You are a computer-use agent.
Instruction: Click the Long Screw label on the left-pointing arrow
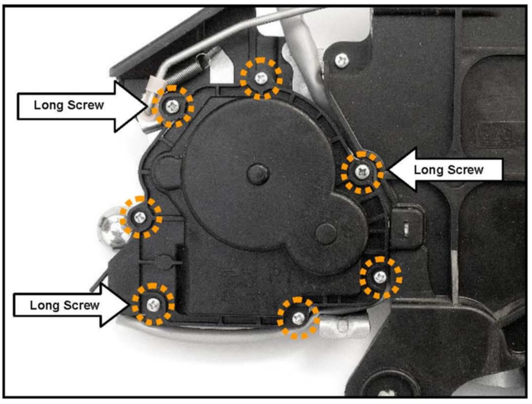(x=448, y=170)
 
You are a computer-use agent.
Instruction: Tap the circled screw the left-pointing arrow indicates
(x=364, y=172)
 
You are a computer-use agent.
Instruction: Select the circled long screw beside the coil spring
(x=172, y=105)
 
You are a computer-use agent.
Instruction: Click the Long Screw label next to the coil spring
(x=69, y=105)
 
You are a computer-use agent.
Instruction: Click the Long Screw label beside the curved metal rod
(x=64, y=305)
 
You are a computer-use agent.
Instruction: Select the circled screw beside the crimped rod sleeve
(x=298, y=318)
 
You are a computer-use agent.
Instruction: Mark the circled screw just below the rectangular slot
(x=380, y=276)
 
